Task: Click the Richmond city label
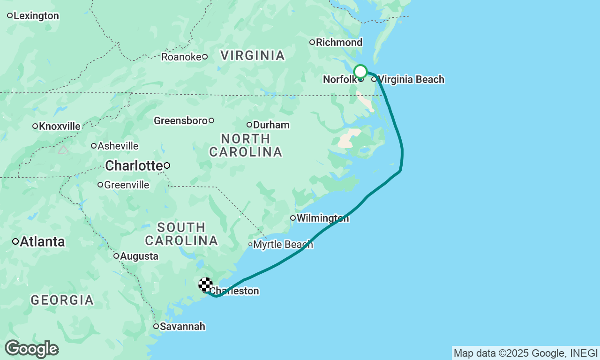pos(339,43)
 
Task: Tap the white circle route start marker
pos(360,72)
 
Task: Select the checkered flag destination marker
pos(206,285)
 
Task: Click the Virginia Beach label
pos(411,79)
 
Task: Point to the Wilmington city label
pos(322,218)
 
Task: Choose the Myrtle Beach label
pos(283,244)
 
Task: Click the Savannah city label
pos(182,326)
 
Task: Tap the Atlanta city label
pos(42,242)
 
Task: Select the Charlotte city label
pos(134,165)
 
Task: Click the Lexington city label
pos(36,16)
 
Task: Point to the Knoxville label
pos(60,126)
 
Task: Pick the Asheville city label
pos(118,146)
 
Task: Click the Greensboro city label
pos(180,121)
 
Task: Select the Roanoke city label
pos(181,57)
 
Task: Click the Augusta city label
pos(139,256)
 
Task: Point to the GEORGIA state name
pos(62,300)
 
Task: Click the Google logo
pos(31,349)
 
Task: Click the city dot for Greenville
pos(100,185)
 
